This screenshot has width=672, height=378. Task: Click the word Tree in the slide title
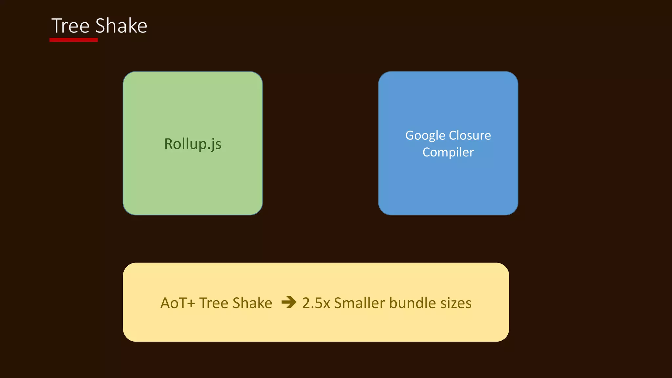(70, 26)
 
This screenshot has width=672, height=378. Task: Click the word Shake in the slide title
(121, 26)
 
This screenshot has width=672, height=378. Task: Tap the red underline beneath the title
(73, 40)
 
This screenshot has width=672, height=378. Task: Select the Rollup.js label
(193, 144)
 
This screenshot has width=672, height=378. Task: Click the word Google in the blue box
(425, 136)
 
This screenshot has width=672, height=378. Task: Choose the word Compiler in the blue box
(448, 152)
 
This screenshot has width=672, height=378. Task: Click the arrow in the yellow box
(289, 302)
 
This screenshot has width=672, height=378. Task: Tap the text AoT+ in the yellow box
(178, 303)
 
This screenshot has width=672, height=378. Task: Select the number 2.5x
(316, 303)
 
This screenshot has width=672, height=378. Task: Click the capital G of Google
(410, 136)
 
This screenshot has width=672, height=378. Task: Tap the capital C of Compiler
(427, 152)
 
